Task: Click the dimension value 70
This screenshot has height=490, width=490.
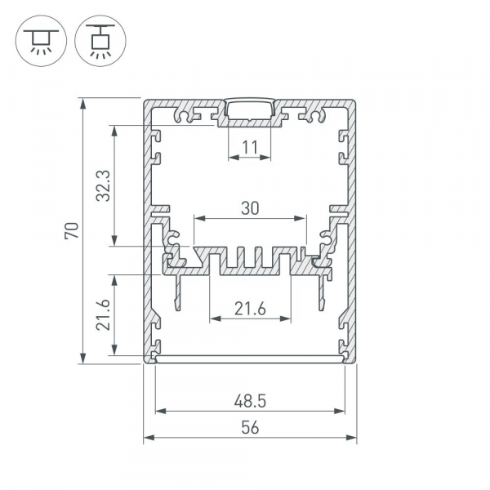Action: tap(72, 230)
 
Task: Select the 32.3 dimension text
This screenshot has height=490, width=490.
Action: tap(102, 185)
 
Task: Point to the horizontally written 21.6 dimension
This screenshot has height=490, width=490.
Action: tap(250, 309)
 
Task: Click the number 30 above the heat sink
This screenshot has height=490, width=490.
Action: tap(250, 208)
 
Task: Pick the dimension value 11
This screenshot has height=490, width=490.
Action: tap(250, 148)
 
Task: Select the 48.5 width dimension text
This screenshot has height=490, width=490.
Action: tap(250, 401)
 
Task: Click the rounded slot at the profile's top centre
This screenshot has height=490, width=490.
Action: tap(251, 110)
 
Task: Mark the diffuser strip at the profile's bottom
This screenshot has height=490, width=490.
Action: tap(250, 359)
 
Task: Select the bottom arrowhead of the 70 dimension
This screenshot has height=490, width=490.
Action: tap(82, 359)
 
